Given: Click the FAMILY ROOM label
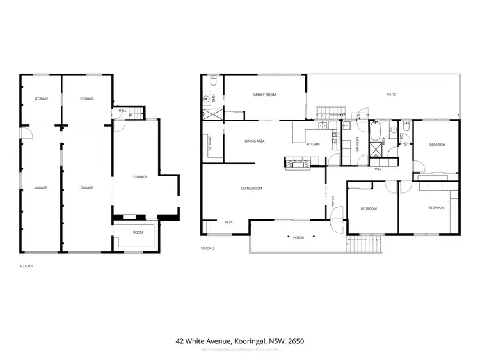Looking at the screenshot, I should (264, 95).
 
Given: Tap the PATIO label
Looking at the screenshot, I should (391, 95).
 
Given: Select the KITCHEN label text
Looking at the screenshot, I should (312, 145).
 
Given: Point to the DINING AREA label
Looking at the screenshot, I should (255, 141).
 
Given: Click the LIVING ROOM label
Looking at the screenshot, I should (252, 189).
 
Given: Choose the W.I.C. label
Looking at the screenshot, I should (228, 223).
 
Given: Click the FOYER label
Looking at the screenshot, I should (333, 200).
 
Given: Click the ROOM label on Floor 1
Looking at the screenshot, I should (138, 233).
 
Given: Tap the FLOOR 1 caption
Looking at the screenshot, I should (26, 264).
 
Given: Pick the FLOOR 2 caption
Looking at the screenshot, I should (207, 247).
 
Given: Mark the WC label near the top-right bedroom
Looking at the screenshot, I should (400, 136).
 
